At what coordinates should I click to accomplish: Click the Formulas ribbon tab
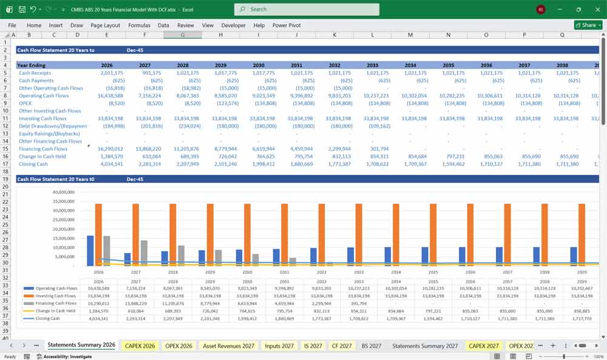[x=139, y=25]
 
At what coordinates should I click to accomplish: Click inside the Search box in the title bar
[x=307, y=9]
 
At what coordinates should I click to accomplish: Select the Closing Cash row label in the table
[x=33, y=164]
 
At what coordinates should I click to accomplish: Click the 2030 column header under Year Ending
[x=259, y=65]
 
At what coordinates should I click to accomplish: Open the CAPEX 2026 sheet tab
[x=140, y=345]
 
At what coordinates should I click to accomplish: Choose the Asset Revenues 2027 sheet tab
[x=228, y=345]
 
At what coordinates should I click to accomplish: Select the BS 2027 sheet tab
[x=371, y=345]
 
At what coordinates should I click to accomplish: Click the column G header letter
[x=183, y=35]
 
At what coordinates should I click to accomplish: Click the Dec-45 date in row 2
[x=135, y=50]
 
